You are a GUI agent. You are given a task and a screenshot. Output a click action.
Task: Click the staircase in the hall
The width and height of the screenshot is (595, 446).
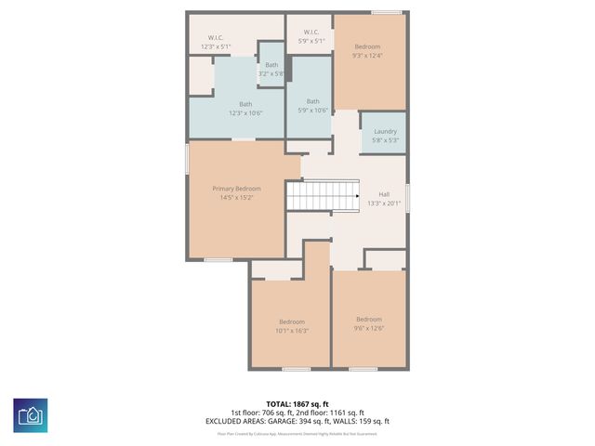pyautogui.click(x=322, y=196)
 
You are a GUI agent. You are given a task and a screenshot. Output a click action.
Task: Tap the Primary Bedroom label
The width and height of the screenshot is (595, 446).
pyautogui.click(x=235, y=189)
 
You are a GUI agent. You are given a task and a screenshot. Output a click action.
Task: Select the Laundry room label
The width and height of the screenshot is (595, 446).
pyautogui.click(x=385, y=131)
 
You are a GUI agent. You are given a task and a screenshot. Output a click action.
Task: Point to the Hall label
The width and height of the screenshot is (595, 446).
pyautogui.click(x=384, y=194)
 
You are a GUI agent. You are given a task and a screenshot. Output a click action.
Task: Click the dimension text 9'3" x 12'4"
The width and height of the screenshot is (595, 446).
pyautogui.click(x=367, y=57)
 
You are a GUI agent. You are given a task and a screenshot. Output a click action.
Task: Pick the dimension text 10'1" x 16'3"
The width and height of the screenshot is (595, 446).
pyautogui.click(x=292, y=330)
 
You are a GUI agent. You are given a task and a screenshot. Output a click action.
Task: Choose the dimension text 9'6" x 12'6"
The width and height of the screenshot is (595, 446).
pyautogui.click(x=369, y=327)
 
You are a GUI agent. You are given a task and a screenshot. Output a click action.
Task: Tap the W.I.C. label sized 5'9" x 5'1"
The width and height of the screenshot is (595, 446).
pyautogui.click(x=311, y=33)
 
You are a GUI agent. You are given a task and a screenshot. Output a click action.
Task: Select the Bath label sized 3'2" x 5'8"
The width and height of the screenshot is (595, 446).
pyautogui.click(x=271, y=65)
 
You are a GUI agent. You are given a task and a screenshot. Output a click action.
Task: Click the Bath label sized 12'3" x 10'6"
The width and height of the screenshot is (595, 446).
pyautogui.click(x=245, y=104)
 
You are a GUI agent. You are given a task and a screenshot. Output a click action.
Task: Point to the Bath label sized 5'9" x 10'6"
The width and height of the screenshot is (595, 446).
pyautogui.click(x=313, y=101)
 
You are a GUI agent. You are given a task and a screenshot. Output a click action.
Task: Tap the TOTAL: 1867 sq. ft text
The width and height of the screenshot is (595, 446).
pyautogui.click(x=297, y=404)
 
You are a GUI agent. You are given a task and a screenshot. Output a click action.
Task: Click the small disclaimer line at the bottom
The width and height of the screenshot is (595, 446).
pyautogui.click(x=297, y=433)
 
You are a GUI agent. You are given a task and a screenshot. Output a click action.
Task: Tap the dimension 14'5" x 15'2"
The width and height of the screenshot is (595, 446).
pyautogui.click(x=235, y=197)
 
